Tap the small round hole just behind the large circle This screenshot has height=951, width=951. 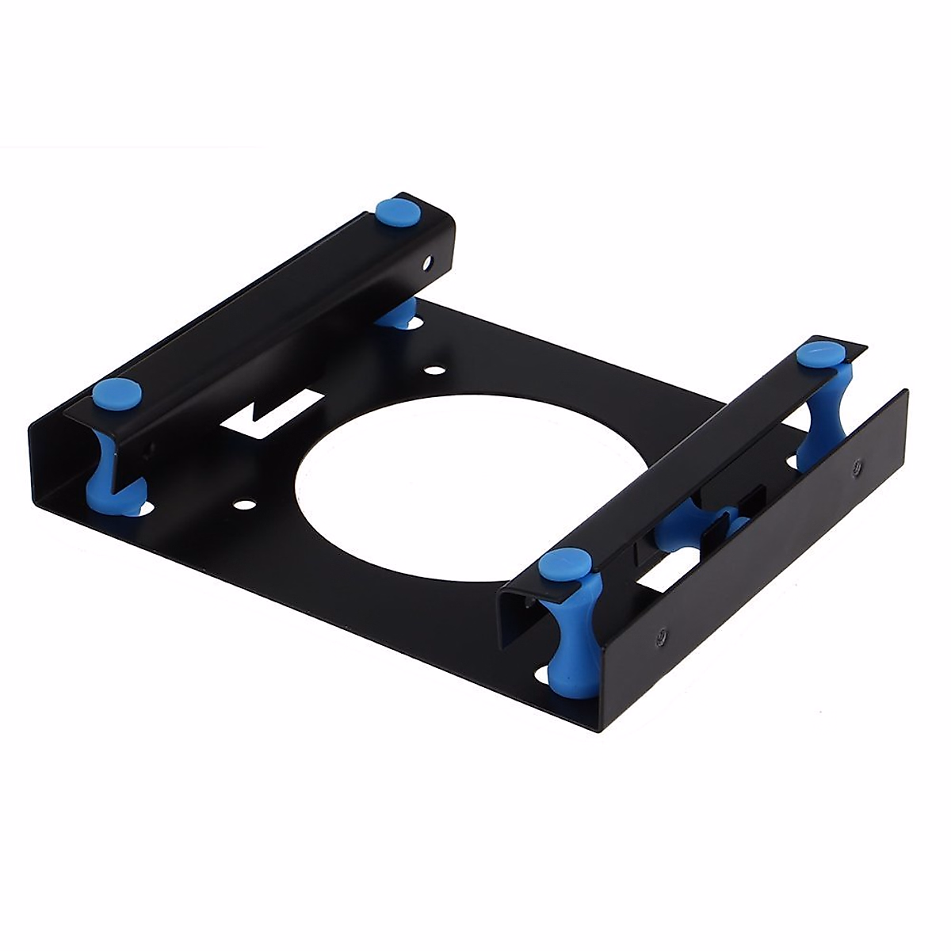[x=434, y=369]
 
